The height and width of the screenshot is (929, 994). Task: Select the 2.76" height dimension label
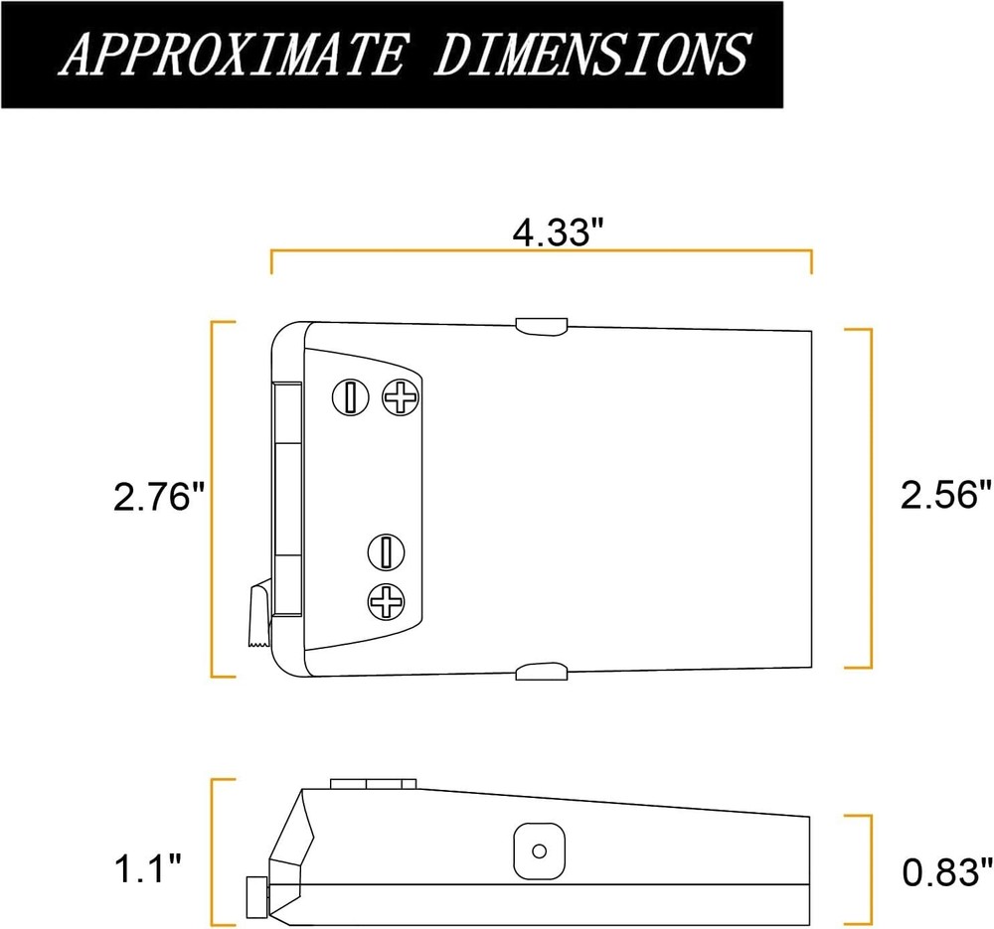point(159,497)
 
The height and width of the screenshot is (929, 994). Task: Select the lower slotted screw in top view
point(386,548)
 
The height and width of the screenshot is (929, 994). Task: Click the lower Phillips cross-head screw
point(386,600)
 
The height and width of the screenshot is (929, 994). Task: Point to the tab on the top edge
point(541,327)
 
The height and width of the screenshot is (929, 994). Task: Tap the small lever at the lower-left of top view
point(257,617)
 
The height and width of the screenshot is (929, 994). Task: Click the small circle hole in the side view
point(540,851)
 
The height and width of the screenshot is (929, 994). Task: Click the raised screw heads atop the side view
point(372,784)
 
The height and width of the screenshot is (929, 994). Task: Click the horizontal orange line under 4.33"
point(542,252)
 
